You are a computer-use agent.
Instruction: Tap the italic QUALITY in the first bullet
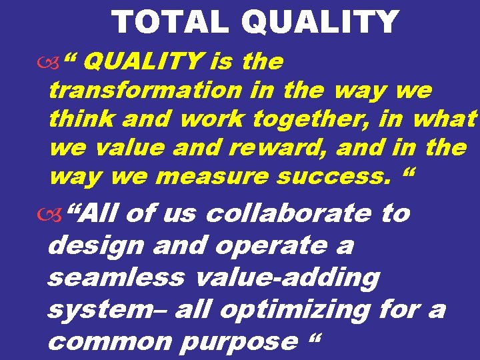pos(145,63)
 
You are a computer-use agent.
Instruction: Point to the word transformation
pos(146,90)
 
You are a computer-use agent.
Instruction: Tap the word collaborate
pos(288,214)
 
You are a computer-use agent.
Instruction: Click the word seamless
pos(115,277)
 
